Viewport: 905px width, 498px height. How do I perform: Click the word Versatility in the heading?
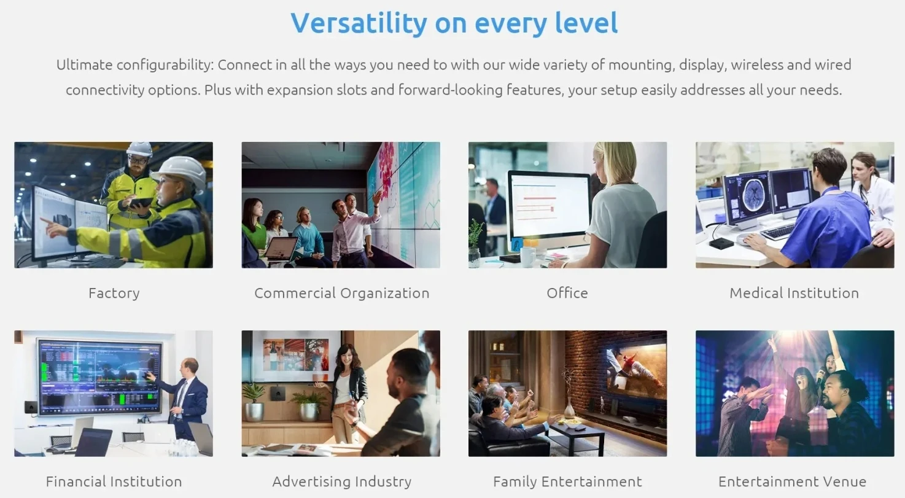359,23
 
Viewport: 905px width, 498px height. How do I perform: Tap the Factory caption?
114,293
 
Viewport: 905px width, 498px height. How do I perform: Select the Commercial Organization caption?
342,293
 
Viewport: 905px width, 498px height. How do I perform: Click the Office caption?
567,293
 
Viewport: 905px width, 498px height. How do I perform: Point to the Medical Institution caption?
794,293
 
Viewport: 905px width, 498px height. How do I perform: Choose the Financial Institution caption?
114,481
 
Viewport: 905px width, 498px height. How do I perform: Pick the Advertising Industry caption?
342,481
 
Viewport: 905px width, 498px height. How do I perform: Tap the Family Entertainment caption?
567,481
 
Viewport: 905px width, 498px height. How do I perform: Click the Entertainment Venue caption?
792,481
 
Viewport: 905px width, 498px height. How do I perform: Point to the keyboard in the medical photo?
779,231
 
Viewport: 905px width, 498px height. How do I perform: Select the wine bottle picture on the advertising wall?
273,355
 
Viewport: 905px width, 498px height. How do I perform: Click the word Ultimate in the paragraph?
84,64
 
